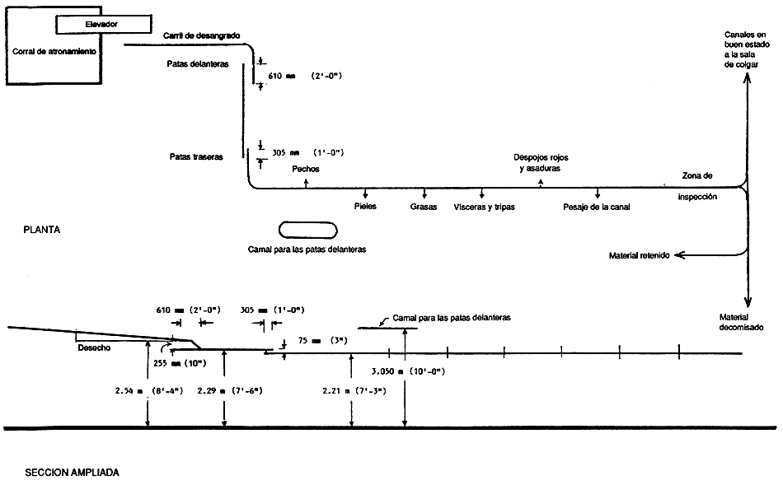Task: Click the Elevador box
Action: (101, 25)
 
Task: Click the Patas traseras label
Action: (196, 156)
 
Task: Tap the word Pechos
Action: (305, 169)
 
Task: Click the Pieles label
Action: (365, 207)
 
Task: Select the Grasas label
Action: (424, 207)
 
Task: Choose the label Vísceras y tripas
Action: (484, 207)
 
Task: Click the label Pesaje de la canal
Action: (596, 207)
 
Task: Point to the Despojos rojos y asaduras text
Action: (541, 162)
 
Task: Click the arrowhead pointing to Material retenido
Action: (678, 256)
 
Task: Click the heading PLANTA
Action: (42, 232)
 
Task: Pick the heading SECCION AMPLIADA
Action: (72, 473)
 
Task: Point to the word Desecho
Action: (94, 347)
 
